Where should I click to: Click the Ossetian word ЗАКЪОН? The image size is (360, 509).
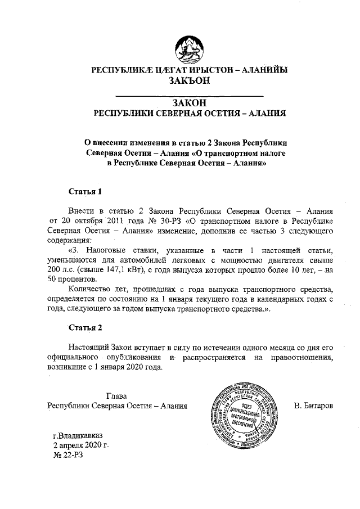pyautogui.click(x=190, y=80)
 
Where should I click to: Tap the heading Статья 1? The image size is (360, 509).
pyautogui.click(x=84, y=191)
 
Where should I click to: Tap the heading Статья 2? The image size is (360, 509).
pyautogui.click(x=84, y=327)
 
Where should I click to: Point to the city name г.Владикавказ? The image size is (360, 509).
pyautogui.click(x=78, y=435)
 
